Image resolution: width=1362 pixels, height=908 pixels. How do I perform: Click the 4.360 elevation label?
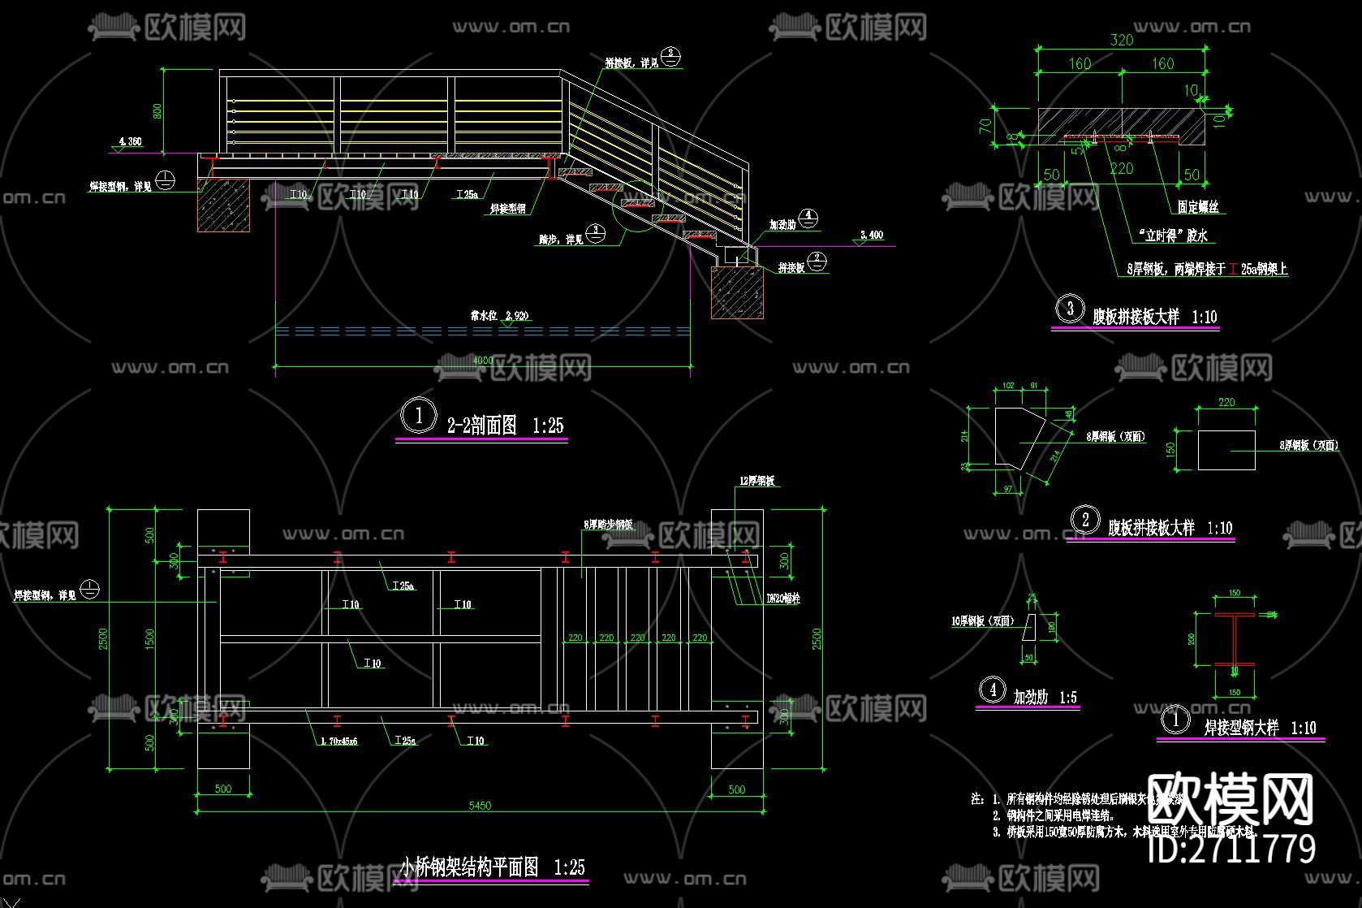point(130,141)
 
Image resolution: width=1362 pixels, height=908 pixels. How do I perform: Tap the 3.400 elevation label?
point(872,235)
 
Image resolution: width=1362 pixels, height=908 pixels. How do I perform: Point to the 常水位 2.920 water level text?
point(498,315)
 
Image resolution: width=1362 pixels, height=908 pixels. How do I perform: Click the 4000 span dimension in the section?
point(482,360)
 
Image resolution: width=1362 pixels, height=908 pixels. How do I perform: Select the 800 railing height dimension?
point(157,110)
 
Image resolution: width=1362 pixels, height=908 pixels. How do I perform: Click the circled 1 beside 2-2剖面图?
point(419,417)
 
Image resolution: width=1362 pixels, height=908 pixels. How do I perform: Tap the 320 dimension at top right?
point(1121,40)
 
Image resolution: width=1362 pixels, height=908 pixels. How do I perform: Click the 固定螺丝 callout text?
point(1198,207)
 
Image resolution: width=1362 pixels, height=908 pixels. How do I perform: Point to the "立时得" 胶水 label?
point(1172,236)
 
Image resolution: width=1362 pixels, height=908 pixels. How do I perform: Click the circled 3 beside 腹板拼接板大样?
point(1070,309)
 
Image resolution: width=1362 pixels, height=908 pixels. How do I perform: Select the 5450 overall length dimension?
point(480,805)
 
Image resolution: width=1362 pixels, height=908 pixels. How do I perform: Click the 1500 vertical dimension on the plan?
point(149,639)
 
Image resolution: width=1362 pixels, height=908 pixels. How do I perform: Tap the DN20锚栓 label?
point(783,599)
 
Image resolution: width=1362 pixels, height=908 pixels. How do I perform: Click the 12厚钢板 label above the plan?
point(756,481)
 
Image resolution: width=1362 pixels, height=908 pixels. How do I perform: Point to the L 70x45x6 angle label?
point(338,741)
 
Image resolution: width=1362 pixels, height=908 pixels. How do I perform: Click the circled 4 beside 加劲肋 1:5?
point(993,690)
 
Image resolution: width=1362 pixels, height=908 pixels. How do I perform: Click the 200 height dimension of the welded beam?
point(1192,639)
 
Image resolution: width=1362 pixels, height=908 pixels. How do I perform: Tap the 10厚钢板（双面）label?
point(983,621)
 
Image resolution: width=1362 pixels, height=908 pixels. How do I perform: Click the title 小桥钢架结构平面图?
point(468,867)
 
